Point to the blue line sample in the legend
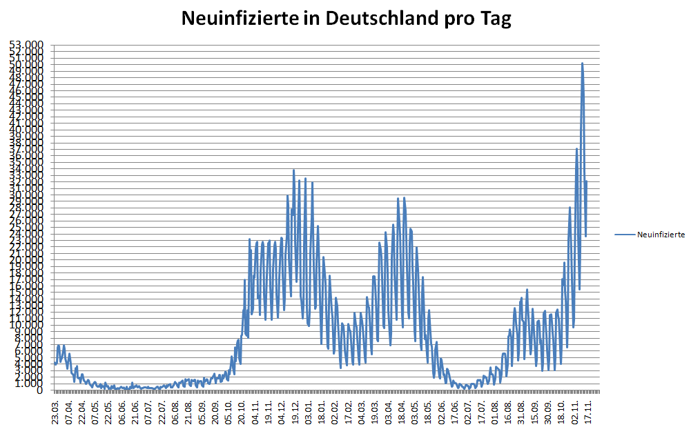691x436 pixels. pyautogui.click(x=625, y=235)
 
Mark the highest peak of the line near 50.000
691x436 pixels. pyautogui.click(x=582, y=63)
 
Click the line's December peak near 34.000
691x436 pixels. pyautogui.click(x=293, y=170)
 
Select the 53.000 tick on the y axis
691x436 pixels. pyautogui.click(x=26, y=45)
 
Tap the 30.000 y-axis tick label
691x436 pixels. pyautogui.click(x=26, y=195)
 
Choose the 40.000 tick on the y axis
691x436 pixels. pyautogui.click(x=26, y=130)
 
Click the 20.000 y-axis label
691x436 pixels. pyautogui.click(x=26, y=260)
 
